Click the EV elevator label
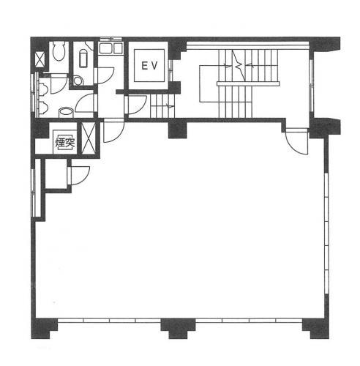pyautogui.click(x=150, y=66)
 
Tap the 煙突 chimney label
pyautogui.click(x=65, y=143)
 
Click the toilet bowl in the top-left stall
pyautogui.click(x=59, y=51)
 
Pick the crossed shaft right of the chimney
pyautogui.click(x=89, y=138)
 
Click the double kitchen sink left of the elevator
pyautogui.click(x=110, y=48)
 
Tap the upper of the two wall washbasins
pyautogui.click(x=43, y=89)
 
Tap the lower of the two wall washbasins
pyautogui.click(x=43, y=108)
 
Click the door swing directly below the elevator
pyautogui.click(x=138, y=105)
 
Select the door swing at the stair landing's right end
pyautogui.click(x=297, y=142)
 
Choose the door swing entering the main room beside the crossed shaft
pyautogui.click(x=114, y=130)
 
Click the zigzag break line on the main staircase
pyautogui.click(x=238, y=65)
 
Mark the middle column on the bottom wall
pyautogui.click(x=178, y=329)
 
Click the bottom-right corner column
pyautogui.click(x=316, y=329)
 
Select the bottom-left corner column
pyautogui.click(x=44, y=329)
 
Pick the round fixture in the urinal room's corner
pyautogui.click(x=78, y=81)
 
